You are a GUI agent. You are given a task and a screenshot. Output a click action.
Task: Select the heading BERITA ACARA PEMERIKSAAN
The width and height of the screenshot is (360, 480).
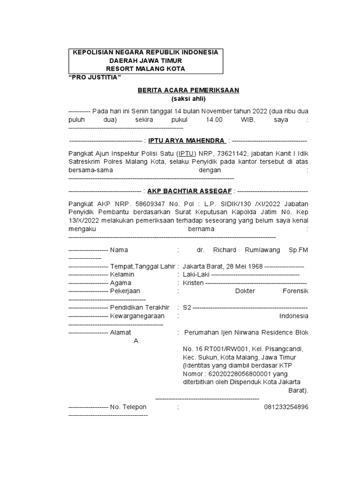(x=181, y=90)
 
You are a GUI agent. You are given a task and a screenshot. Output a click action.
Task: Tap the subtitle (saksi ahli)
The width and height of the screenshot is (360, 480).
(x=181, y=99)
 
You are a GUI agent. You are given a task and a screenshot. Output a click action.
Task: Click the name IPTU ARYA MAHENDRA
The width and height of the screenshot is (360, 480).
(x=187, y=141)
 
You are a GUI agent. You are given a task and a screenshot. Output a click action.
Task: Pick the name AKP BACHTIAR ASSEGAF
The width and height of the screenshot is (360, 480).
(x=190, y=191)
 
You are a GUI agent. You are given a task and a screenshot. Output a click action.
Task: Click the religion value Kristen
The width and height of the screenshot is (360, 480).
(x=193, y=283)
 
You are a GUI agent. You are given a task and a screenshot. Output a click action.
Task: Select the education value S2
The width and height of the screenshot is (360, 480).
(x=187, y=307)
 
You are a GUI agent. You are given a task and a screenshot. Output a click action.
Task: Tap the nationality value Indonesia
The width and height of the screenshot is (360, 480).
(x=293, y=316)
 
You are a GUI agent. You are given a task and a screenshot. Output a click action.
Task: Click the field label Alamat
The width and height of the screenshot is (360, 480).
(x=121, y=332)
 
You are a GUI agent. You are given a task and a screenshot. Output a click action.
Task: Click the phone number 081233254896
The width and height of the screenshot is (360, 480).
(x=286, y=407)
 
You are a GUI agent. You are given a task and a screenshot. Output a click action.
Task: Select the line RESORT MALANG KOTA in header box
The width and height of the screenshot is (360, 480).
(x=147, y=69)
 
